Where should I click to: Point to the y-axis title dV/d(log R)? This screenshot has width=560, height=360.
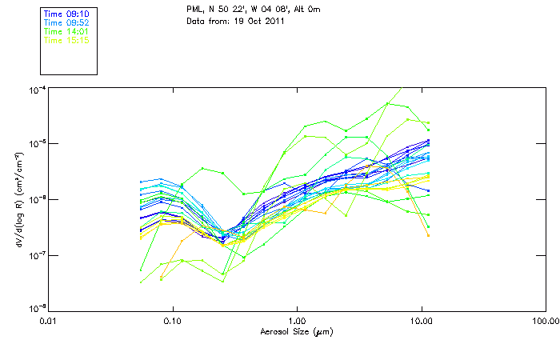point(18,200)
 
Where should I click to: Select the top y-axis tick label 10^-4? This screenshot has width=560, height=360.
point(37,90)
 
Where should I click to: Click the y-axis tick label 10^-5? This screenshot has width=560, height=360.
point(37,145)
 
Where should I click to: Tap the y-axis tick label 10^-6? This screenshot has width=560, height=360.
point(37,200)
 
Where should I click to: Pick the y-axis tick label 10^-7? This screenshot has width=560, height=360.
point(37,255)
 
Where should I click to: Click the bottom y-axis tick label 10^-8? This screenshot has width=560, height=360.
point(37,308)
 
